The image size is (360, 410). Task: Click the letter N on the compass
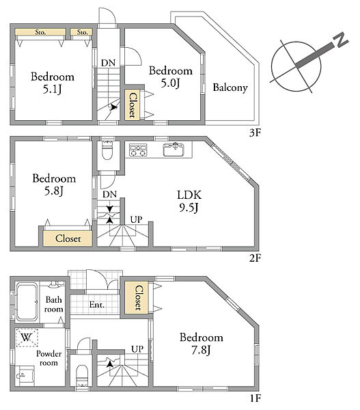click(340, 40)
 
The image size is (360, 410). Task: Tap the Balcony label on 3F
click(230, 87)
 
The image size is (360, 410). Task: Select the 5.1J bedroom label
click(53, 83)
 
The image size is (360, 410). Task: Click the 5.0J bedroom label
click(171, 77)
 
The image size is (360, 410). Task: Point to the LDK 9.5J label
click(189, 202)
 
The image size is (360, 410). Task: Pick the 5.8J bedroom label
click(54, 184)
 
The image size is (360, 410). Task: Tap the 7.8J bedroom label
click(202, 344)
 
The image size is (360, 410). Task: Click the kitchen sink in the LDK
click(174, 149)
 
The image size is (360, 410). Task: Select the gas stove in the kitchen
click(138, 150)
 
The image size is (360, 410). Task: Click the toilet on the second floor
click(107, 150)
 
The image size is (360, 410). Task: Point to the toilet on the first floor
click(82, 375)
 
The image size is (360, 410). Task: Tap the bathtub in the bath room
click(27, 302)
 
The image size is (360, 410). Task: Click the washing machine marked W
click(27, 338)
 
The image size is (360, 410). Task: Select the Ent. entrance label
click(97, 304)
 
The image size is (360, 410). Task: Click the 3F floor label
click(255, 133)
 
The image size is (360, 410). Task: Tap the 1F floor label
click(255, 398)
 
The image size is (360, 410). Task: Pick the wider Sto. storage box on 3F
click(40, 32)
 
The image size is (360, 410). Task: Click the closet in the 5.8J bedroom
click(68, 238)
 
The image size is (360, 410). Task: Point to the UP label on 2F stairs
click(136, 219)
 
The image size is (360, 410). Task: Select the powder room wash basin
click(25, 375)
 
